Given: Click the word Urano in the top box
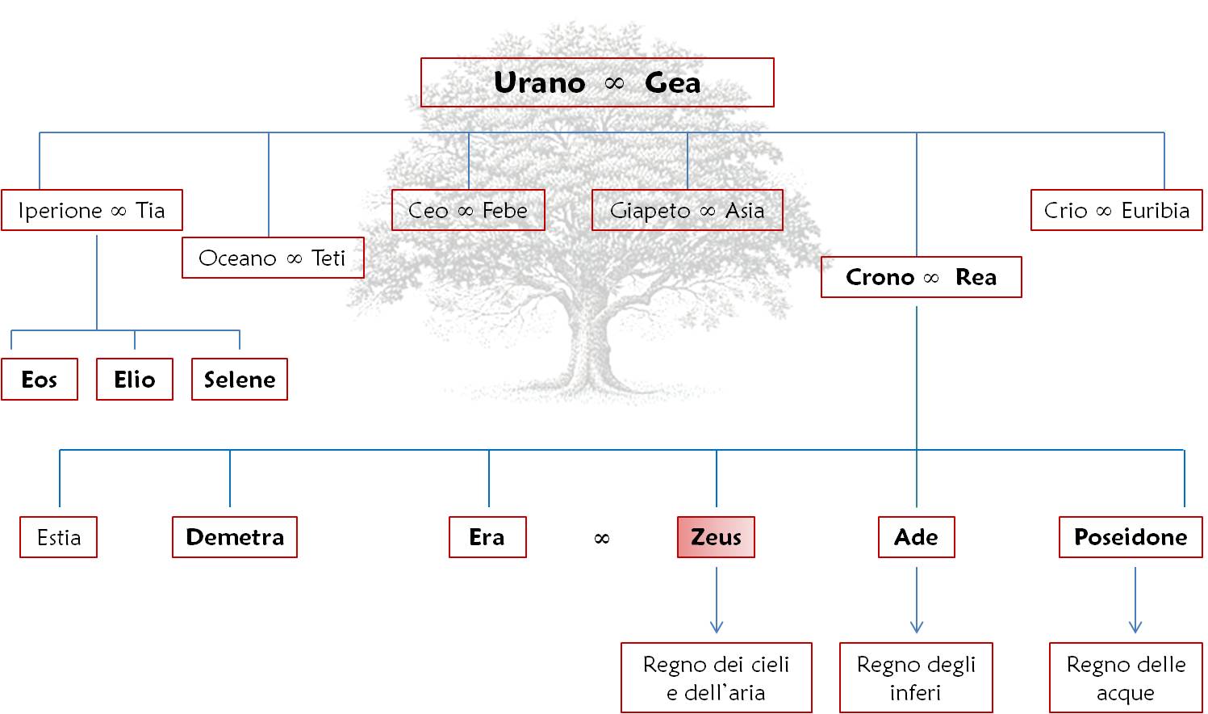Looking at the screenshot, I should [539, 82].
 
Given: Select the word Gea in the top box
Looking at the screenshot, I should [672, 82].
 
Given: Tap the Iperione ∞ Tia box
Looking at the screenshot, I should [92, 210].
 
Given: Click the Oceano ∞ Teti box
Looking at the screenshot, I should [273, 258].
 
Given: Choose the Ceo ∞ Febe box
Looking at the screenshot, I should [468, 210].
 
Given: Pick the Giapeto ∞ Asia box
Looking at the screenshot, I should [688, 210].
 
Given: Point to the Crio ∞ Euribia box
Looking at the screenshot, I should [1116, 210].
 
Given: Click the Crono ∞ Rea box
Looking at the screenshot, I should [921, 277].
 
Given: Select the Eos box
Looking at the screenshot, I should [40, 379].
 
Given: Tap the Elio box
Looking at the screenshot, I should [135, 379].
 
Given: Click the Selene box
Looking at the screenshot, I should [240, 379].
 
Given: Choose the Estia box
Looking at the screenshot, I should [59, 537].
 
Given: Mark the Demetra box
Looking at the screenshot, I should [235, 537].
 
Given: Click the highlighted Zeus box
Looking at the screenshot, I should [716, 537].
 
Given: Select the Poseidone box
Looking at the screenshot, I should [1131, 537].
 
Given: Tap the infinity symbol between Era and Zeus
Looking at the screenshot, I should [601, 539].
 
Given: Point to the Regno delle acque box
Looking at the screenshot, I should [1126, 678].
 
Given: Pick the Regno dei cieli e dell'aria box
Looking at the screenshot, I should [716, 678].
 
